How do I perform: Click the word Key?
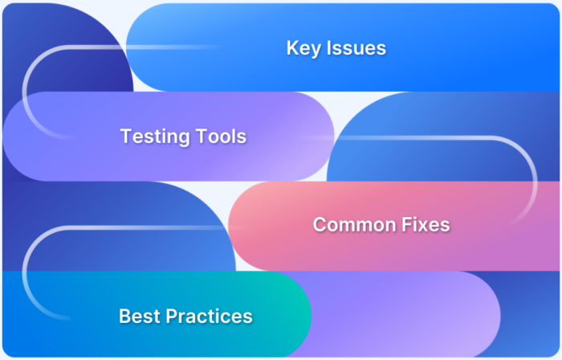[301, 48]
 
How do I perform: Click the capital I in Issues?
[325, 48]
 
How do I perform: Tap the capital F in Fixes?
[401, 224]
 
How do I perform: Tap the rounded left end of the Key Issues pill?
[149, 48]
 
